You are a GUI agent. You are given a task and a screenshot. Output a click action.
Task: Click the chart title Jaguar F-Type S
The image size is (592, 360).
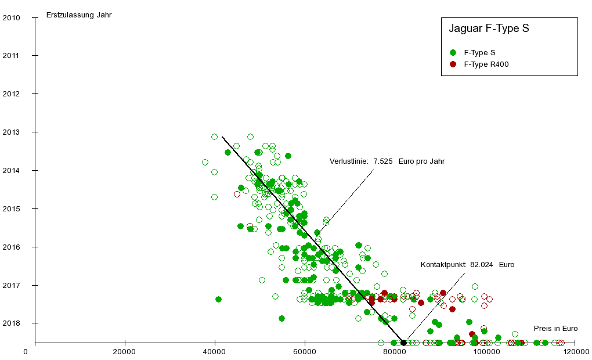pos(489,28)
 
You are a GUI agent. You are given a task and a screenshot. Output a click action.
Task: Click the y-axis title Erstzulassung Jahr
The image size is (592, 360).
pos(79,15)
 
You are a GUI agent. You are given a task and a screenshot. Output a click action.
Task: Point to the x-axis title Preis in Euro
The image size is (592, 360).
pos(555,329)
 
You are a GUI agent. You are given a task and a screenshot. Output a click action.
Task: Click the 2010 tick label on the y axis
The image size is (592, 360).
pos(12,17)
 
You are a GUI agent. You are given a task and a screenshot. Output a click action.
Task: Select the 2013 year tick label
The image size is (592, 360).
pos(12,132)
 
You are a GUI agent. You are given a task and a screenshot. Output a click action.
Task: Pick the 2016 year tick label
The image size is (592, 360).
pos(12,247)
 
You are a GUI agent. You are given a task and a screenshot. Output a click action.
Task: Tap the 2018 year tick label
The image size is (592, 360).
pos(12,323)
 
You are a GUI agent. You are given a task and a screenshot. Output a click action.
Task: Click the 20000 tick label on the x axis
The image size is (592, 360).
pos(125,352)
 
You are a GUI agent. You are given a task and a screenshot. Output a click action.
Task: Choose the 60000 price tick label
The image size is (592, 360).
pos(305,352)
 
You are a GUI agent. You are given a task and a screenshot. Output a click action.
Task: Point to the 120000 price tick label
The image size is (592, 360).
pos(575,352)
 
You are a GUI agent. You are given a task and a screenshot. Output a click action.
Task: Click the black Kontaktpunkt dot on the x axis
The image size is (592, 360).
pos(403,343)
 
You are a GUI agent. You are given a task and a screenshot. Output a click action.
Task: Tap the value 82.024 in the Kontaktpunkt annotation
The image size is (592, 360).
pos(481,265)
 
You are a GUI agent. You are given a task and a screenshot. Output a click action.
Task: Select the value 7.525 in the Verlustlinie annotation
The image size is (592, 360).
pos(383,161)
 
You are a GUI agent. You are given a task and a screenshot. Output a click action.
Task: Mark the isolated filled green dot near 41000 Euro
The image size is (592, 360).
pos(218,299)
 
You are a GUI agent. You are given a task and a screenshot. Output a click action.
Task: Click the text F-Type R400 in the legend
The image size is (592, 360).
pos(486,64)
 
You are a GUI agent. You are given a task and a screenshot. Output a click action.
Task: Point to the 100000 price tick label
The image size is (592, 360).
pos(485,352)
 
